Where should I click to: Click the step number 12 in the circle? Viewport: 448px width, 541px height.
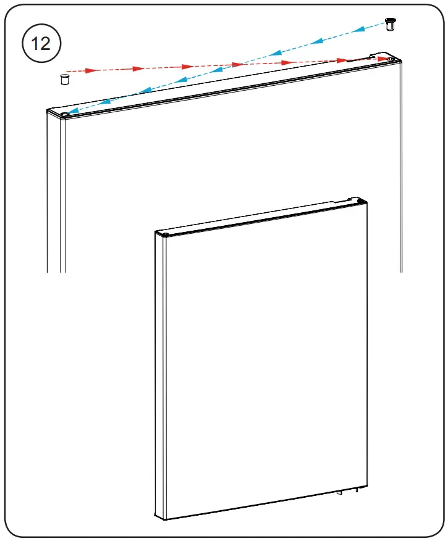point(41,44)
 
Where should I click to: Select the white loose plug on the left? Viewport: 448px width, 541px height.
point(64,79)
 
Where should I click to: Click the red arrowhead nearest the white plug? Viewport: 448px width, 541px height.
point(92,70)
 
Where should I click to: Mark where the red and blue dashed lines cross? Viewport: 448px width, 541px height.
point(238,64)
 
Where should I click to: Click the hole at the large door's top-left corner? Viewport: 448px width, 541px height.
point(65,114)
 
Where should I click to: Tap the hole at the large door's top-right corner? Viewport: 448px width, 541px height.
point(391,60)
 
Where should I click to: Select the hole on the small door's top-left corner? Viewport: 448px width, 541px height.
point(164,234)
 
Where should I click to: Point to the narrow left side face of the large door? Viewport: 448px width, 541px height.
point(56,197)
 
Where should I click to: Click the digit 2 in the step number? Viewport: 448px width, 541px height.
point(48,44)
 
